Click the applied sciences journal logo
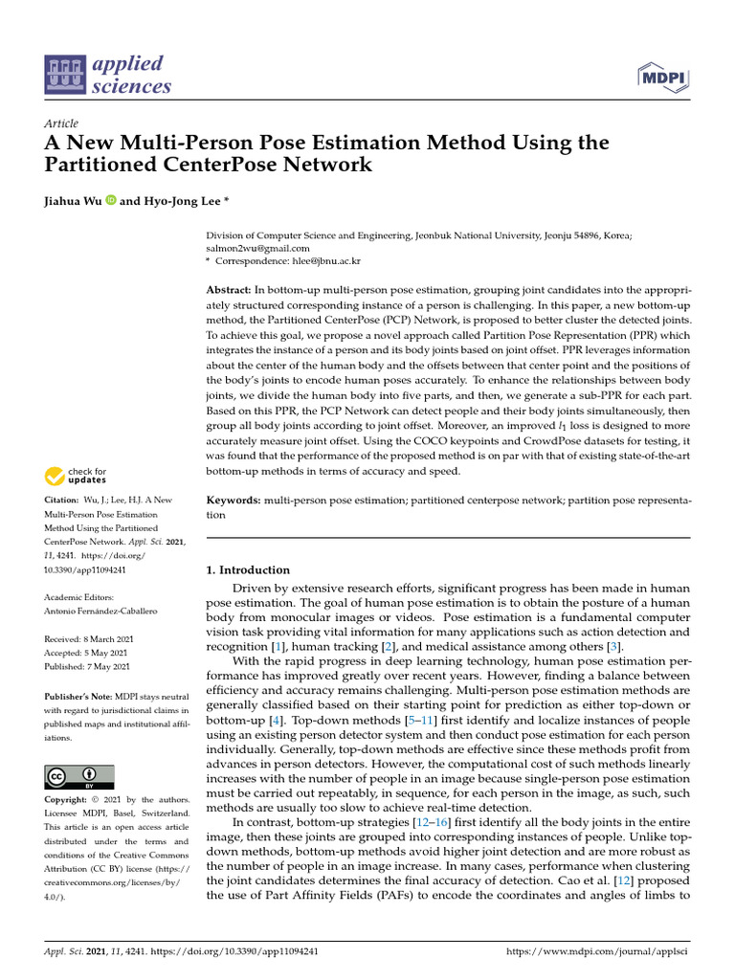108,75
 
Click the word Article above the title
60,124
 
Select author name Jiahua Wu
75,201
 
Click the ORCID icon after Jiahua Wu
111,201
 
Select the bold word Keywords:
233,501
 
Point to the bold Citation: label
62,501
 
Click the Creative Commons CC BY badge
79,776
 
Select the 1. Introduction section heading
248,570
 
